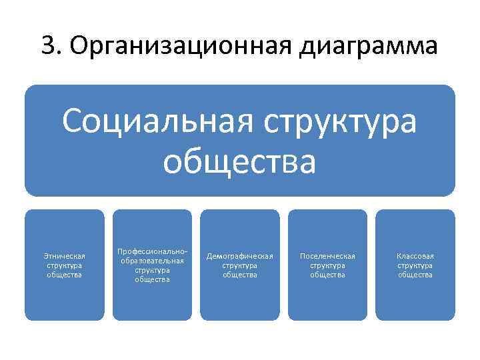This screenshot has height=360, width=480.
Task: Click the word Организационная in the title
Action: click(x=171, y=47)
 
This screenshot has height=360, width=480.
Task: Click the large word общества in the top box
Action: click(x=239, y=162)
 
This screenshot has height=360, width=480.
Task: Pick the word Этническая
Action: click(x=65, y=256)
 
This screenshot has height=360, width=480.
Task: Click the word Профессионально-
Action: click(x=152, y=251)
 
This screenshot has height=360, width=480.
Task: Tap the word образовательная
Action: click(x=152, y=261)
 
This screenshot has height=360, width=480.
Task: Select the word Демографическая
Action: click(x=240, y=256)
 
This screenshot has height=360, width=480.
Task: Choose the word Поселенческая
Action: click(x=327, y=256)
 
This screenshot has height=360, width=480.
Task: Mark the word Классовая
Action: click(x=415, y=256)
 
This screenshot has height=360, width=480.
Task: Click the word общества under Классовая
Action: click(x=415, y=275)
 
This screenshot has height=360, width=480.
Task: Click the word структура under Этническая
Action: click(x=65, y=265)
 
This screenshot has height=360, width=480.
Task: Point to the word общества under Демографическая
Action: click(x=240, y=275)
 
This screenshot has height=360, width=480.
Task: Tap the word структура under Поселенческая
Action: click(x=327, y=265)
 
